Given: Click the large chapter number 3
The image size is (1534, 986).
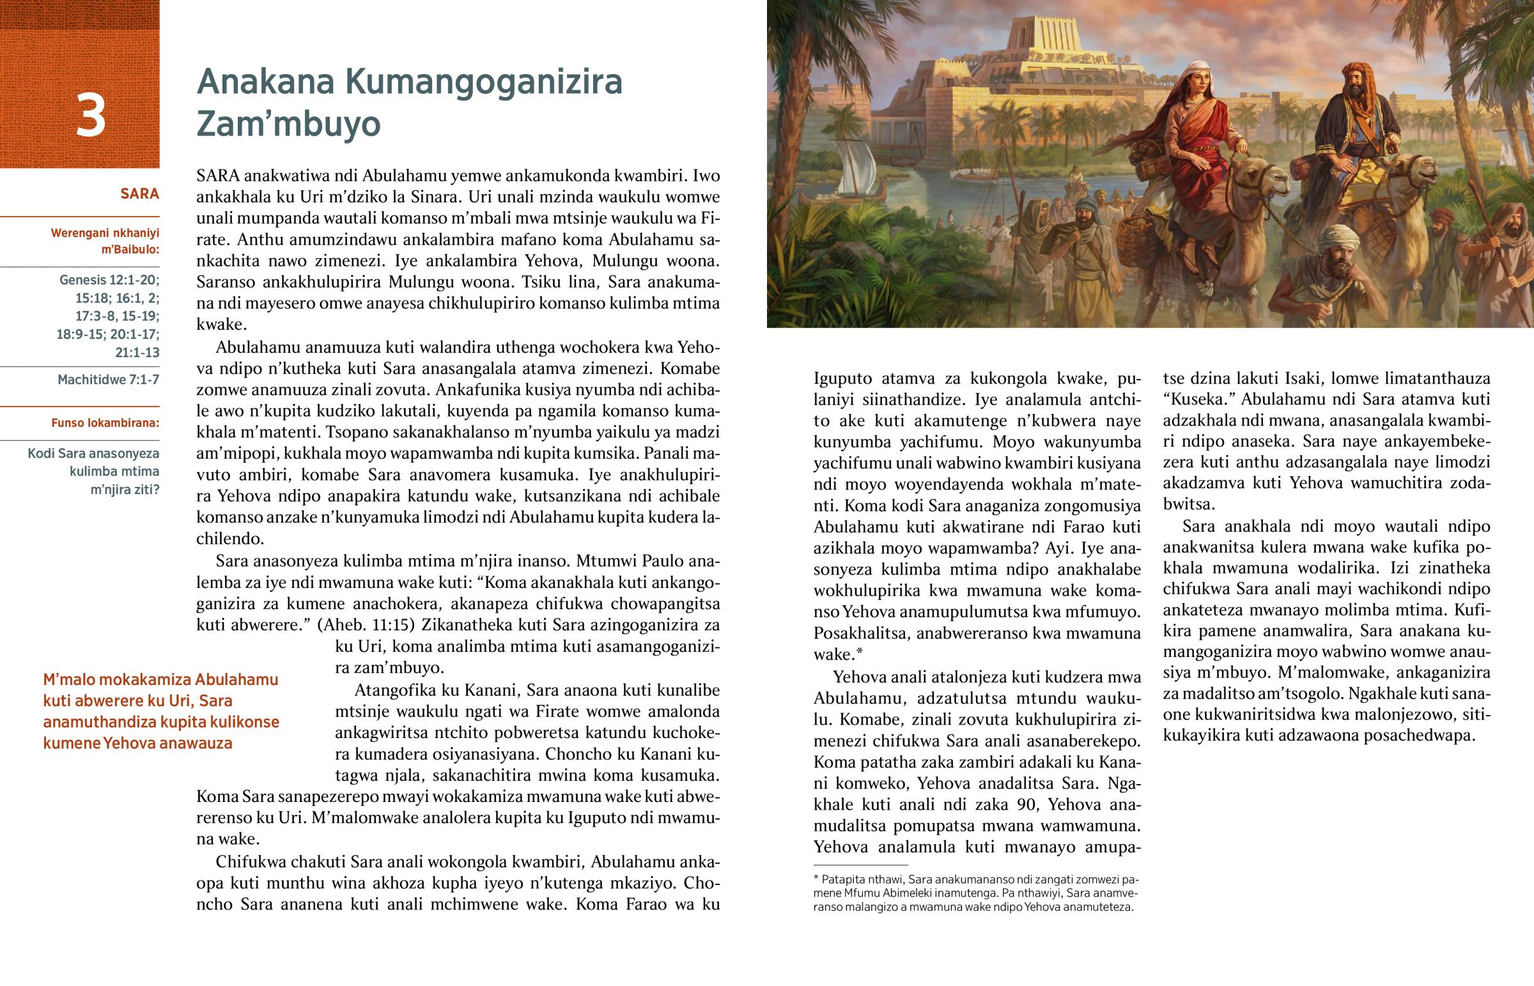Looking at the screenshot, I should [x=90, y=116].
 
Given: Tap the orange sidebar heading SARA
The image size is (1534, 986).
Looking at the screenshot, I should [x=139, y=194].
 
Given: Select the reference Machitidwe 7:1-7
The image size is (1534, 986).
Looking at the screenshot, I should [x=108, y=380].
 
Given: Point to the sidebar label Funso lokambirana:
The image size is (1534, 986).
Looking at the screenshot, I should [x=105, y=423].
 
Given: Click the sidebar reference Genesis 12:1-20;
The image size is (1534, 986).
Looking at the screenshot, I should [x=109, y=280].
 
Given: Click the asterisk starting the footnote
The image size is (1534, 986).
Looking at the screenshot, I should [x=816, y=880].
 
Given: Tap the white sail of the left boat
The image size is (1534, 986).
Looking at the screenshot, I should [x=855, y=168].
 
